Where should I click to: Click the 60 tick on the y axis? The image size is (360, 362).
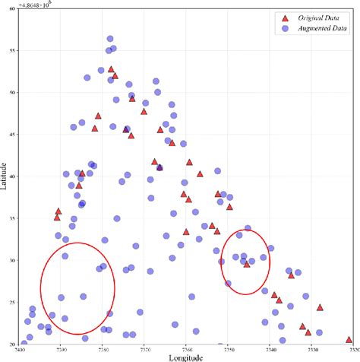[10, 11]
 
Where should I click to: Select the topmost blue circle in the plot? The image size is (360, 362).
[110, 39]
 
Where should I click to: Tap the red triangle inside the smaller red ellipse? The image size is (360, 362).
[247, 264]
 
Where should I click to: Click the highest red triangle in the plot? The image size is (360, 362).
[111, 69]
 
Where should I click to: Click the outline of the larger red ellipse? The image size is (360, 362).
[41, 289]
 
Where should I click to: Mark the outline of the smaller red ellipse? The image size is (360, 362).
[222, 262]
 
